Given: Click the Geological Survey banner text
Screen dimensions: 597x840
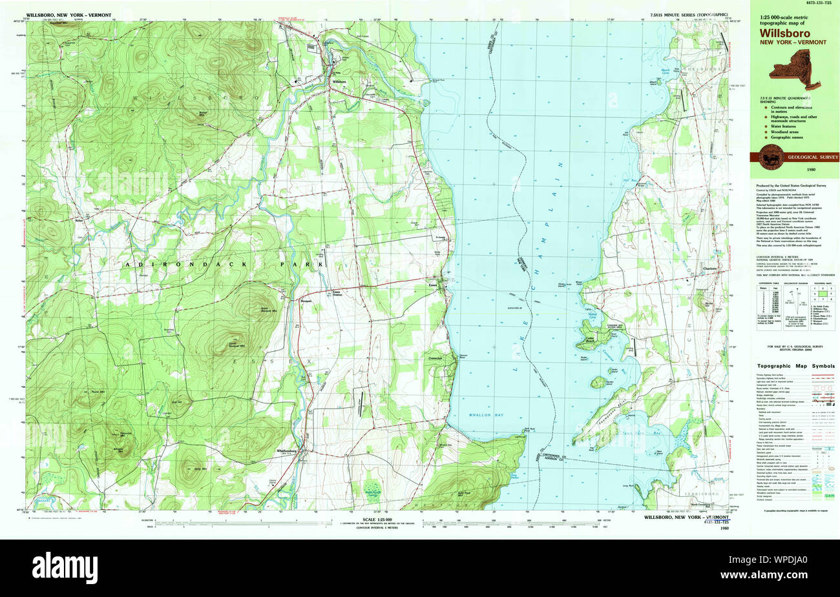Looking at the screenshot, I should pyautogui.click(x=812, y=157).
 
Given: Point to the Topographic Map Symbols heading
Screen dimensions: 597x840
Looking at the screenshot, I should pyautogui.click(x=795, y=365).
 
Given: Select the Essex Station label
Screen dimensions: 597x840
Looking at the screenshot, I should pyautogui.click(x=336, y=292).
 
